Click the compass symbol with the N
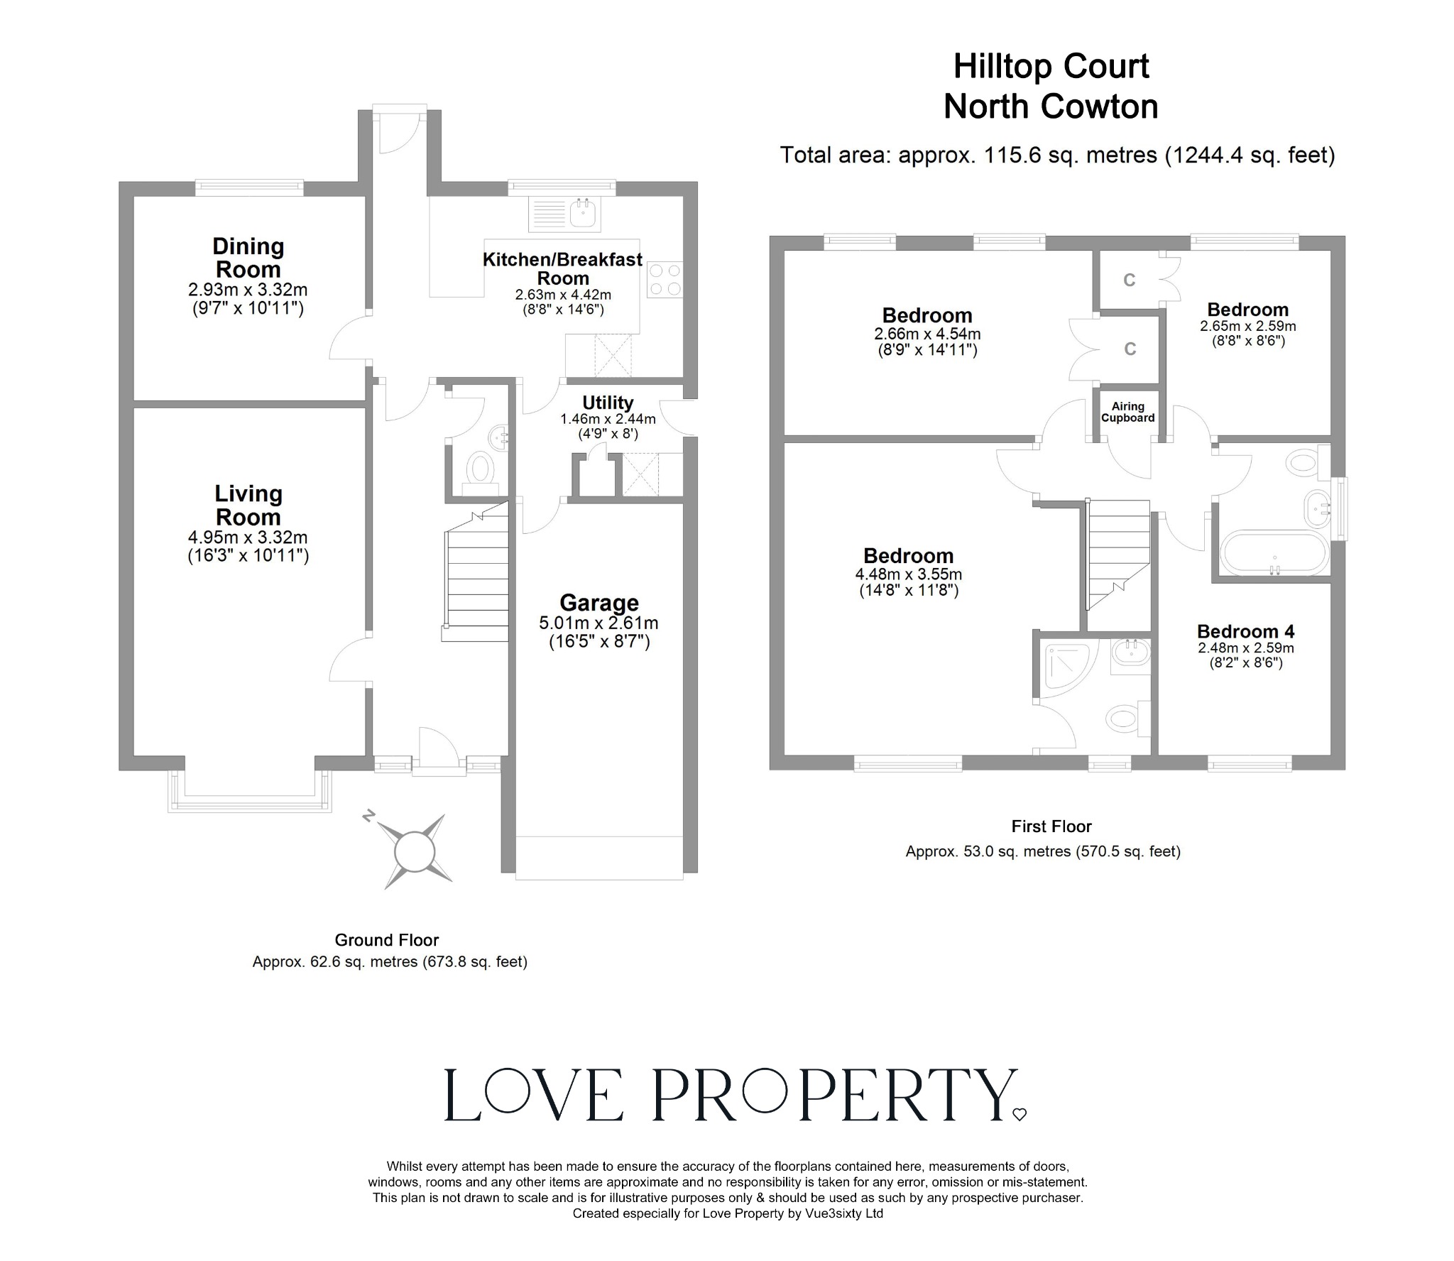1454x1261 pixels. [x=415, y=851]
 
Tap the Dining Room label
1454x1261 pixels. [x=248, y=258]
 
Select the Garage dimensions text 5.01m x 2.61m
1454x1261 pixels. [x=598, y=623]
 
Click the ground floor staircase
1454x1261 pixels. [x=476, y=572]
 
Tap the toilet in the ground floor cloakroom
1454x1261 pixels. [x=482, y=469]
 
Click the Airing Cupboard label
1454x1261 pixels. [x=1127, y=412]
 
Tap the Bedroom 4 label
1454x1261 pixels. [x=1245, y=631]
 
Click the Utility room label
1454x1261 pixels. [x=608, y=403]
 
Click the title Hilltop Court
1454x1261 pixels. [x=1051, y=67]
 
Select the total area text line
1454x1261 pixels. [x=1057, y=155]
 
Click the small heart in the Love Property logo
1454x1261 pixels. [x=1019, y=1114]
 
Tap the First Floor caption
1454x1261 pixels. [x=1051, y=826]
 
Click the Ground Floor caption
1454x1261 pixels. [x=387, y=940]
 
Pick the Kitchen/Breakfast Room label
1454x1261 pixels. [x=562, y=268]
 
